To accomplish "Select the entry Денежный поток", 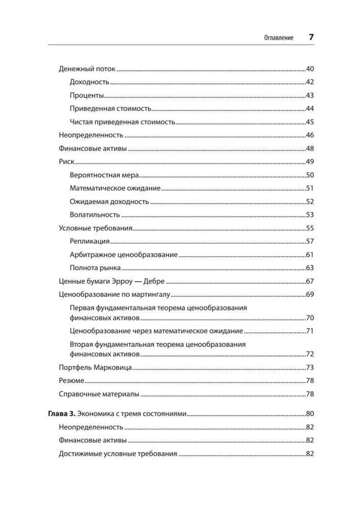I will pos(87,69).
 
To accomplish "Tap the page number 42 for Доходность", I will pos(310,82).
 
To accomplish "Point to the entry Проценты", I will pos(86,95).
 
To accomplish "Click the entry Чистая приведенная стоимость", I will pos(122,121).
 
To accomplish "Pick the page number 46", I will pos(310,135).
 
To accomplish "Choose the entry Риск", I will pos(67,162).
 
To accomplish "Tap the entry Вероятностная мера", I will pos(104,175).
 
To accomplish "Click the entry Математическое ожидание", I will pos(115,188).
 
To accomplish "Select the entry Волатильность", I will pos(95,214).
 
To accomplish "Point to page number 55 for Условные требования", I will pos(310,228).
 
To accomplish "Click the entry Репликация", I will pos(89,241).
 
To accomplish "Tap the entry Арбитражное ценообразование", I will pos(124,255).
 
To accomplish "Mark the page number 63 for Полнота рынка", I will pos(310,268).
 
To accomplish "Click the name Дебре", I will pos(155,281).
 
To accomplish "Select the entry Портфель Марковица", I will pos(95,367).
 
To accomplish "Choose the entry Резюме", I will pos(71,380).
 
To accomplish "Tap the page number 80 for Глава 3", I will pos(310,413).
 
